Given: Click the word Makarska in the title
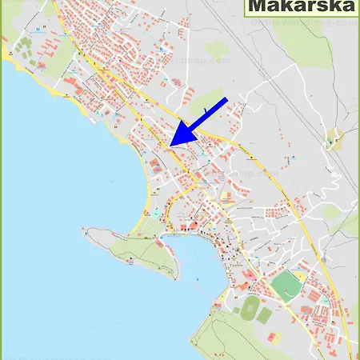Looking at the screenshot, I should click(302, 8).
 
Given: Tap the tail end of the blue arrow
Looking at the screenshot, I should click(226, 99).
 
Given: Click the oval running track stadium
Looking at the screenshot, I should click(250, 306).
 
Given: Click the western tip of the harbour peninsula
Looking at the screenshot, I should click(86, 232).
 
